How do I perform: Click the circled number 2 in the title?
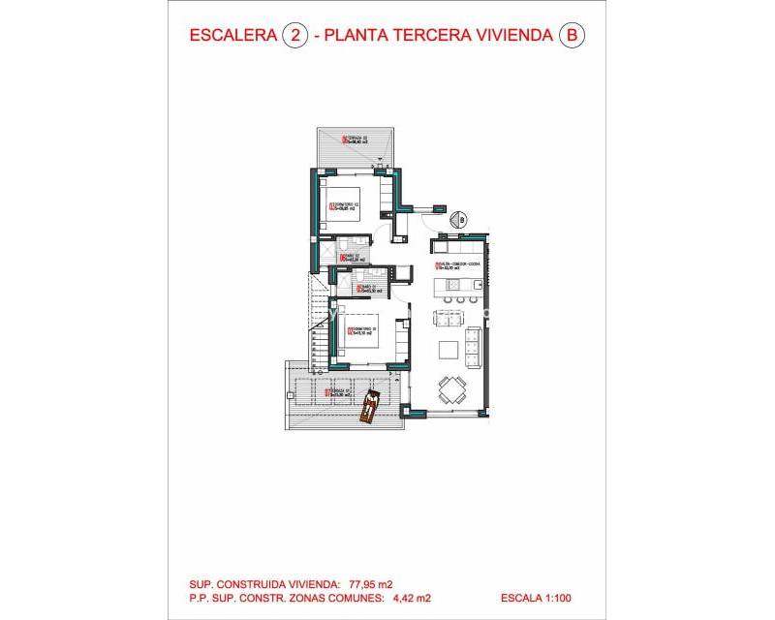point(294,37)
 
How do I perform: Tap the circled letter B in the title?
point(573,37)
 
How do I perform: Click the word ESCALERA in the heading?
point(232,37)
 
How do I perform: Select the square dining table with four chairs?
point(451,389)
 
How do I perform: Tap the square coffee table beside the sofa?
point(449,349)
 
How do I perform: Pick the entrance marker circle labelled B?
point(462,220)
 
